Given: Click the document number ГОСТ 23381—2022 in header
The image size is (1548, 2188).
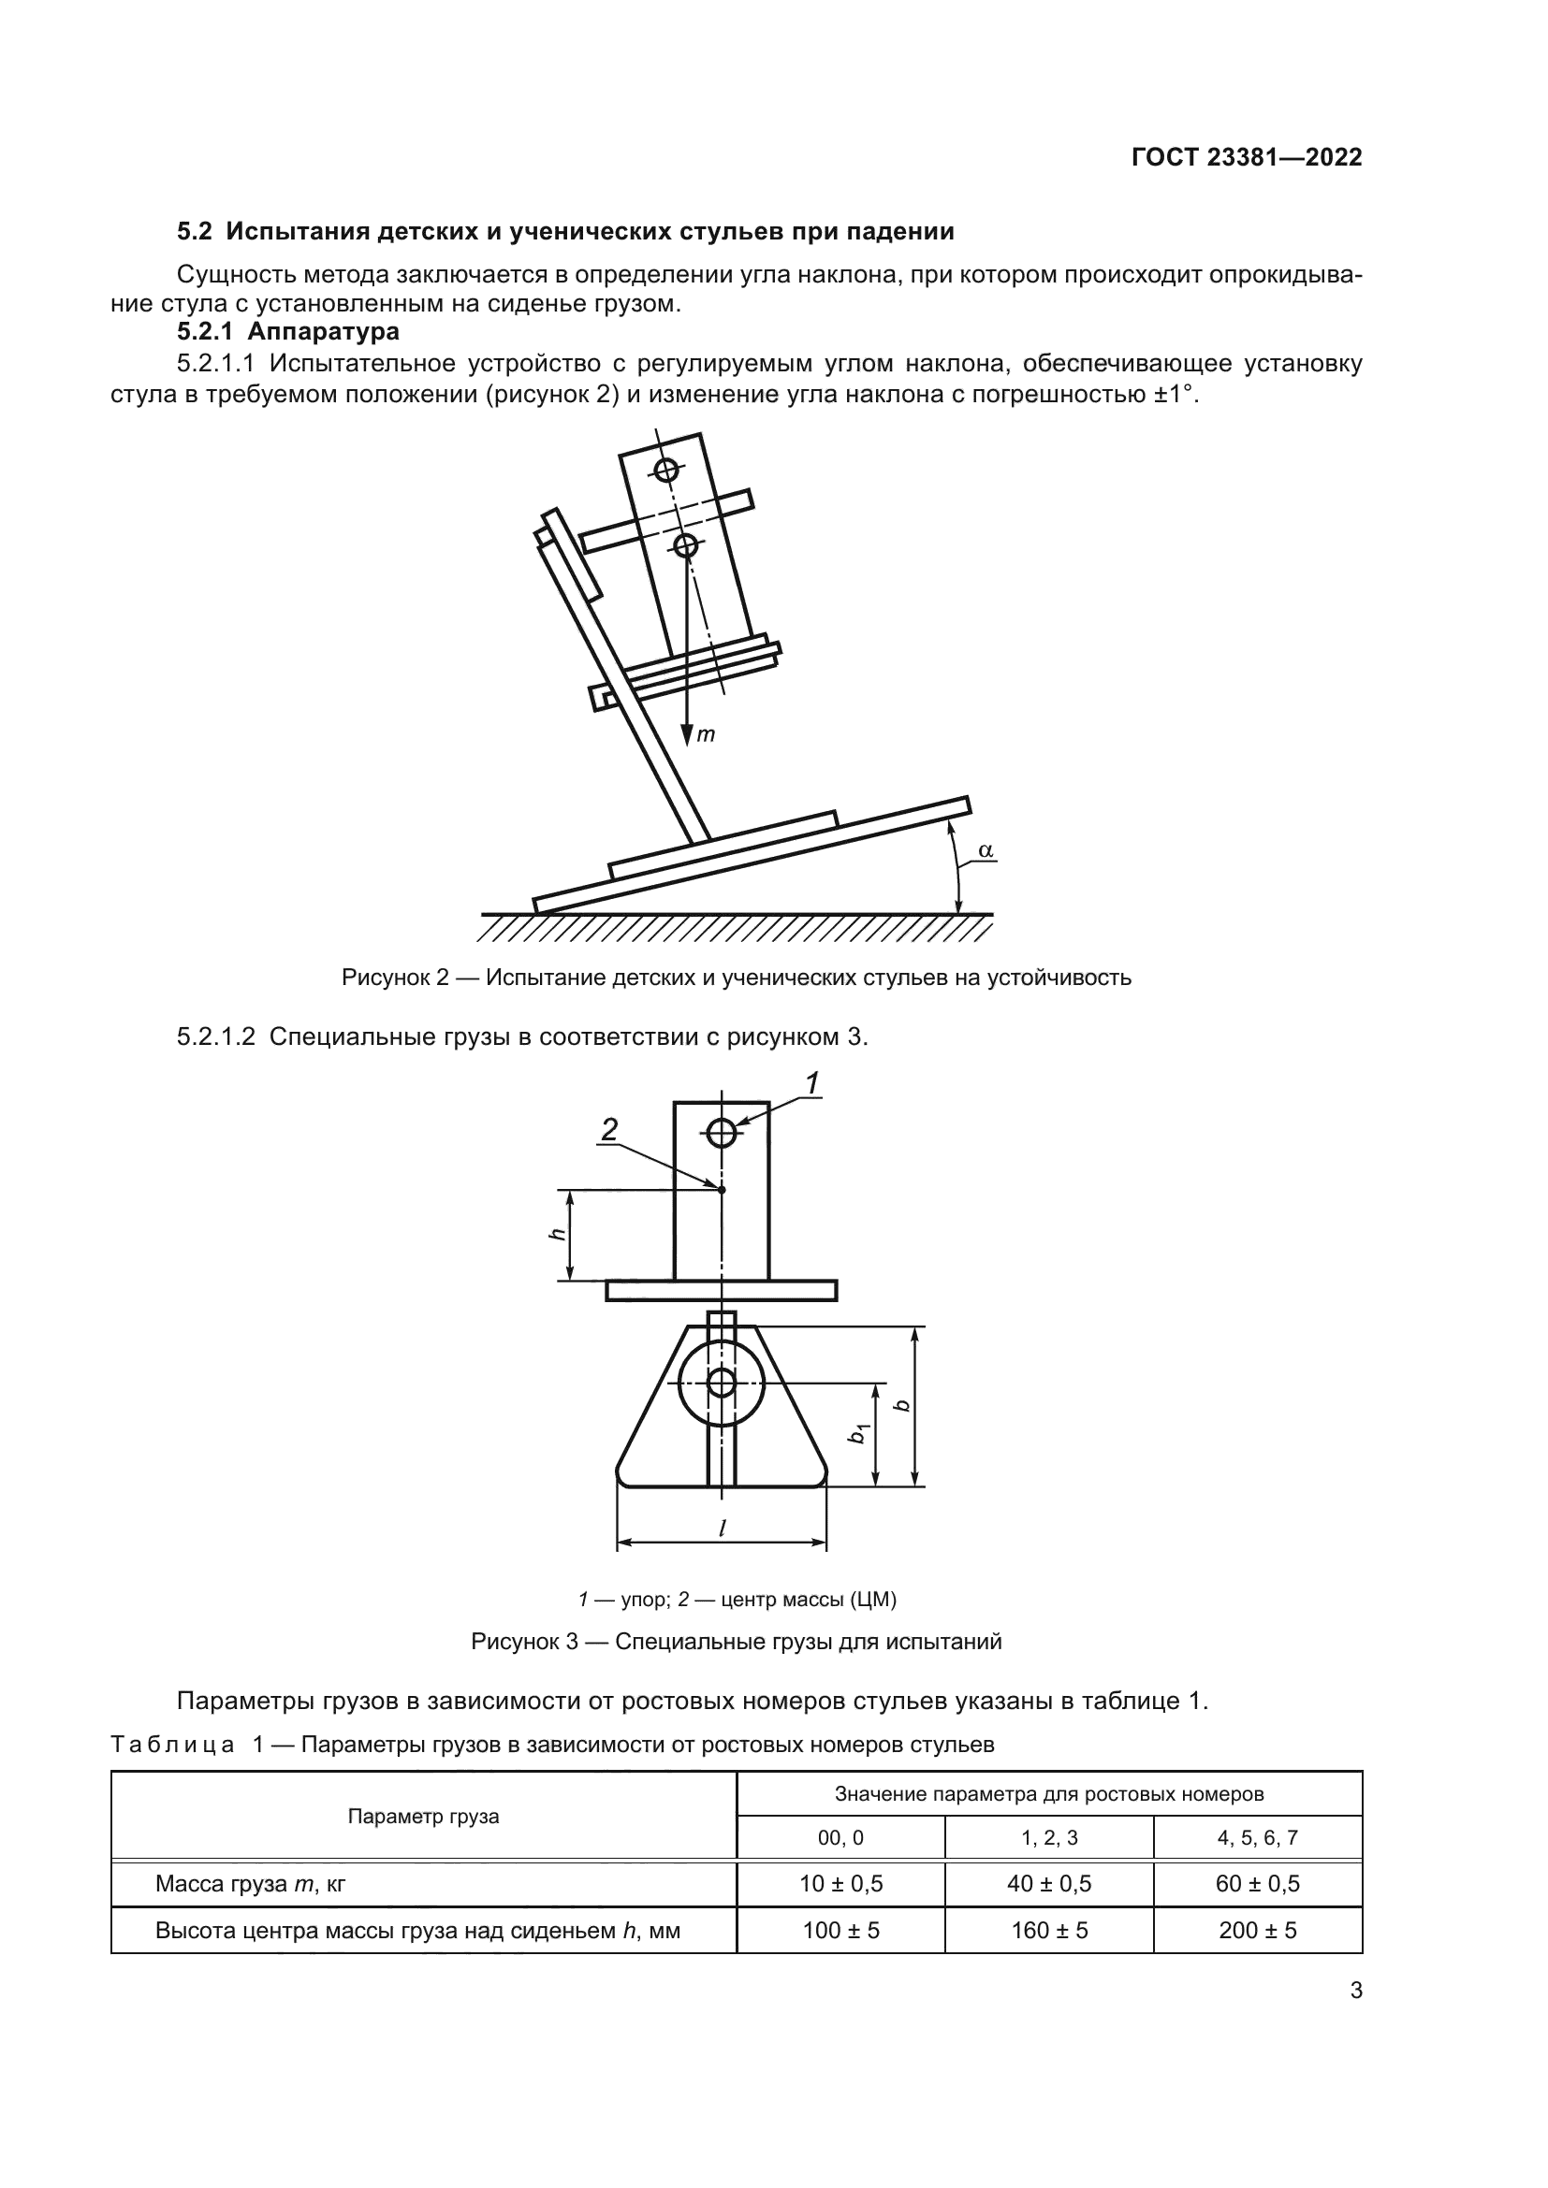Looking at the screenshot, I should [1246, 158].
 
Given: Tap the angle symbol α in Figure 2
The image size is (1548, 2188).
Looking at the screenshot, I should [986, 849].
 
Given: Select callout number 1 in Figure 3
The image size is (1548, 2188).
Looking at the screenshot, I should [812, 1084].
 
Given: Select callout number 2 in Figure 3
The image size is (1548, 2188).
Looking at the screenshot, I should [609, 1130].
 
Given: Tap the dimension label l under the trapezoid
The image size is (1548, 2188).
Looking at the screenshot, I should [722, 1528].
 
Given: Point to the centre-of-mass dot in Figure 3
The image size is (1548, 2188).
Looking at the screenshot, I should [722, 1189].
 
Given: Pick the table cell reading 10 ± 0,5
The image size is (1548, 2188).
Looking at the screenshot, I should [840, 1884].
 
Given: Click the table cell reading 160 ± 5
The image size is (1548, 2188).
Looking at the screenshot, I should [1048, 1931].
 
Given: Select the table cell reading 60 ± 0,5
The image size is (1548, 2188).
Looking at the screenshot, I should [1257, 1884].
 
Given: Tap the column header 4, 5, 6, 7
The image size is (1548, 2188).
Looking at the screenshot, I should [1257, 1837].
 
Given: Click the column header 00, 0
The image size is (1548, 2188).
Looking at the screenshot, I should [840, 1837].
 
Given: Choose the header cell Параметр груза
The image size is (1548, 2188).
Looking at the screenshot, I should [423, 1816].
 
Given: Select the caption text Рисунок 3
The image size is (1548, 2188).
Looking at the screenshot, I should [524, 1642].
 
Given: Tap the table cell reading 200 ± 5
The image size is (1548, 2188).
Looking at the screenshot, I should [1257, 1931].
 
